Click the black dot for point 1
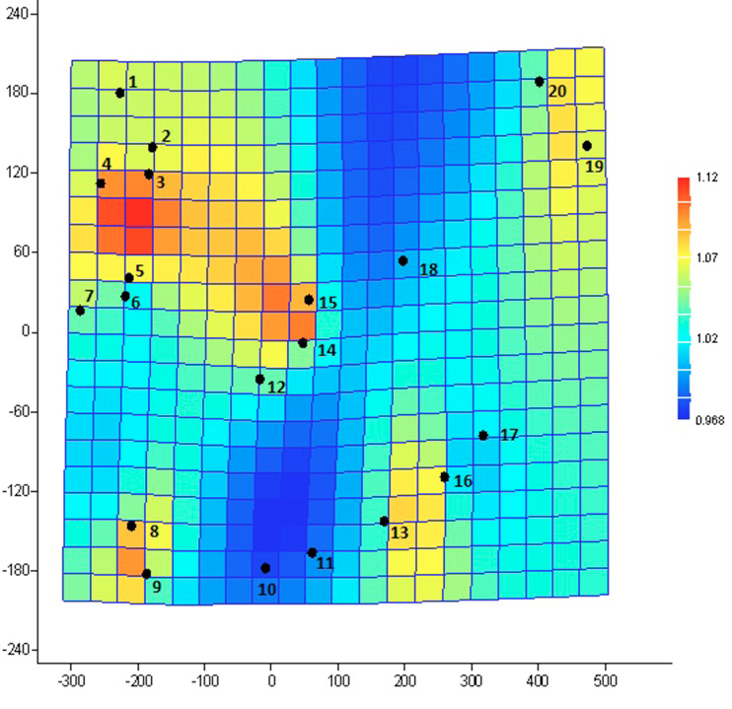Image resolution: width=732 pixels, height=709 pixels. [120, 93]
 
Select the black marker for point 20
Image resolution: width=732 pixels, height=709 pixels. [540, 82]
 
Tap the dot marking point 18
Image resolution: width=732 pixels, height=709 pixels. [403, 261]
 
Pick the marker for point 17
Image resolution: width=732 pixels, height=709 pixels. [483, 436]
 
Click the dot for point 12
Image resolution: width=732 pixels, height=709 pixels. [260, 380]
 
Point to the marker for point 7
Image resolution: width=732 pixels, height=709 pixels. [80, 311]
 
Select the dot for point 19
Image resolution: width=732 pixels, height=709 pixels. [587, 146]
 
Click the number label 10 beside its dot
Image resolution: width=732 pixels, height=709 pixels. [267, 590]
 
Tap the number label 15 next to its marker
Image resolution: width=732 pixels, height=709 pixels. [328, 303]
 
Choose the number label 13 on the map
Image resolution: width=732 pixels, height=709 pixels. [400, 532]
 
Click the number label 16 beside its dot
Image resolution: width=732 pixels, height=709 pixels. [463, 481]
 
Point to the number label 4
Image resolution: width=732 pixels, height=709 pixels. [107, 164]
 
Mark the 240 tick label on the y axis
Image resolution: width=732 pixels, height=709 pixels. [18, 14]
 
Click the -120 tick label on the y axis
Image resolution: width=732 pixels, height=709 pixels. [15, 491]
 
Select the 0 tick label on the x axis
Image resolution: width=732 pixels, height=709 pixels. [271, 681]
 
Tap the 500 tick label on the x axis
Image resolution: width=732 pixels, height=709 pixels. [606, 681]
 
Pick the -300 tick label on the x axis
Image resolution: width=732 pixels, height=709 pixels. [71, 681]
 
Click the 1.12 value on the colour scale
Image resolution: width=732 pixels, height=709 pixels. [706, 177]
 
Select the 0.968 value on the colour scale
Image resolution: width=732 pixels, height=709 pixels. [709, 420]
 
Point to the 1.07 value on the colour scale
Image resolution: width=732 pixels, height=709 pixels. [706, 257]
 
